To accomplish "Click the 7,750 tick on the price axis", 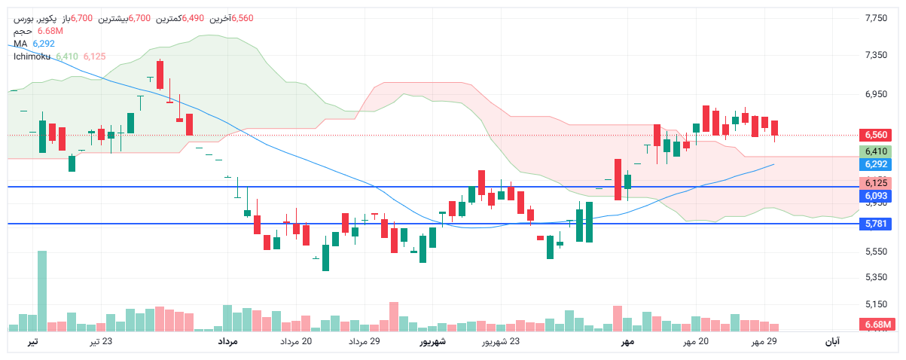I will [x=876, y=17].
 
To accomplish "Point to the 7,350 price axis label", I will [x=876, y=56].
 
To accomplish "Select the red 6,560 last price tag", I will [x=874, y=135].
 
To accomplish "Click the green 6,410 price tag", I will [x=874, y=151].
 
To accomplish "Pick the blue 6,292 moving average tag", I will [x=874, y=164].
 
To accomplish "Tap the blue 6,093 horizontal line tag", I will [x=874, y=195].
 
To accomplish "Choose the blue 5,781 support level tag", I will [x=874, y=224].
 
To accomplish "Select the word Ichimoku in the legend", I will [x=32, y=56].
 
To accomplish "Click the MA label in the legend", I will [x=20, y=44].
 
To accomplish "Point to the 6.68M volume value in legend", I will [x=49, y=31].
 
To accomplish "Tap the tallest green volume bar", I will [x=42, y=290].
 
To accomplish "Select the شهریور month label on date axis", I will [x=432, y=342].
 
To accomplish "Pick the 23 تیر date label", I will [x=102, y=342].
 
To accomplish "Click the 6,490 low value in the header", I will [x=194, y=18].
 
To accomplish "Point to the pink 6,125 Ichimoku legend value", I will [x=95, y=56].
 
